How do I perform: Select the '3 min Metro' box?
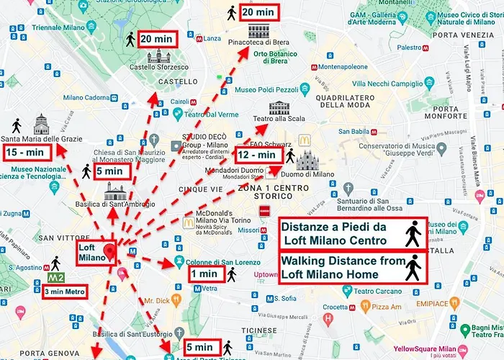[65, 292]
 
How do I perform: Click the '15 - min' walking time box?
[27, 152]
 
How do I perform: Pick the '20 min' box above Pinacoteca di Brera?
[258, 12]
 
